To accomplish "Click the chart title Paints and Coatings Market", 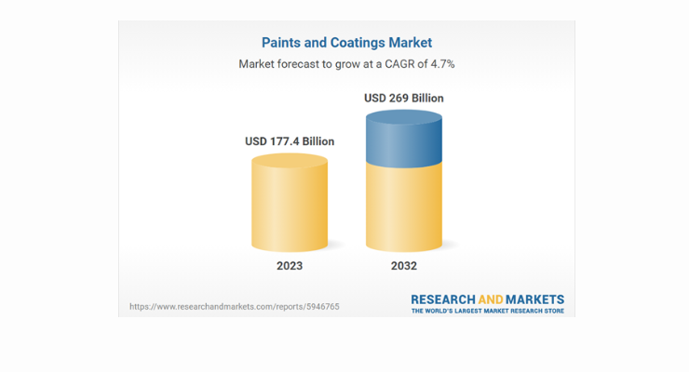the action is (346, 43).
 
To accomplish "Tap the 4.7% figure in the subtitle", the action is (442, 64).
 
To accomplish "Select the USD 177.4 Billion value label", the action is (290, 141).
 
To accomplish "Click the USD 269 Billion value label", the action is (404, 98).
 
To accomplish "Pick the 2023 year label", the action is (290, 266).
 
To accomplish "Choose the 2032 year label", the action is (404, 266).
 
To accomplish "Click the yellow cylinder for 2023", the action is (290, 203).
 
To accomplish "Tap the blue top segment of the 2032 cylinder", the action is (404, 139).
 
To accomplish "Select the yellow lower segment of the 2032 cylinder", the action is (404, 208).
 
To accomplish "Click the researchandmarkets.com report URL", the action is (235, 307).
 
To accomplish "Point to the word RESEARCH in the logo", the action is (443, 299).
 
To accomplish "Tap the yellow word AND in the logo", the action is (491, 299).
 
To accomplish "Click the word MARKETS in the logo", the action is (534, 299).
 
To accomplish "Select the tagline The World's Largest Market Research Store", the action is (488, 311).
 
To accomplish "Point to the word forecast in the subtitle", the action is (293, 64).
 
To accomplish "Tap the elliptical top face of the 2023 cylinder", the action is (290, 161).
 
